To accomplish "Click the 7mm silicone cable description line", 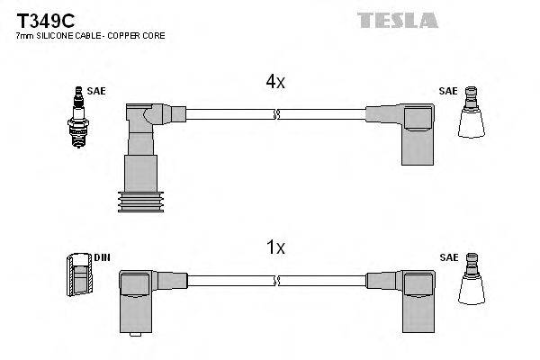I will click(x=90, y=36).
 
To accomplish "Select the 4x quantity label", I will click(x=274, y=82).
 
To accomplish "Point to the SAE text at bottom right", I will click(x=447, y=257).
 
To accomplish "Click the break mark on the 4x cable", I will click(x=277, y=114).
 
